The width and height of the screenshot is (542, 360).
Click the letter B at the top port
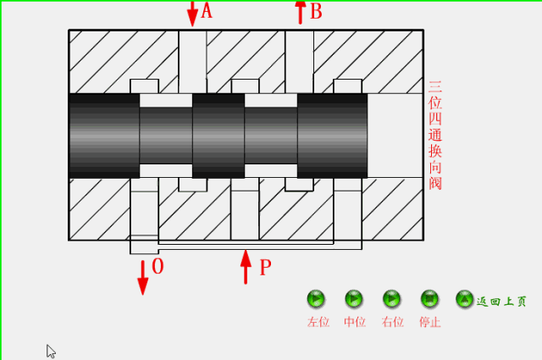tap(316, 11)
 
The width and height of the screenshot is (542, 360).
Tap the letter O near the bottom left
tap(158, 267)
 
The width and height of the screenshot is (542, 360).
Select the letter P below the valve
tap(265, 269)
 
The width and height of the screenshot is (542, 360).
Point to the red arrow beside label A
tap(191, 12)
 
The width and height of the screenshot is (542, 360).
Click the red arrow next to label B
tap(300, 12)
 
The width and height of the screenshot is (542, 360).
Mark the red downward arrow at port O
tap(142, 277)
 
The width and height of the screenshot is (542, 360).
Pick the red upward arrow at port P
tap(246, 268)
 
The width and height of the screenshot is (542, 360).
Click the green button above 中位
tap(354, 299)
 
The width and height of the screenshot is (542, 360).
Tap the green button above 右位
tap(391, 299)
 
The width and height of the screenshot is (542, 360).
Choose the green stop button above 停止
tap(429, 299)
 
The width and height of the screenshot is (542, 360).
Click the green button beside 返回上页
tap(464, 299)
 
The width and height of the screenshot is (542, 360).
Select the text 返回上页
tap(502, 301)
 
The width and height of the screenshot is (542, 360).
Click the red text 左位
tap(318, 322)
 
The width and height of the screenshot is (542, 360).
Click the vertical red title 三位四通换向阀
tap(435, 136)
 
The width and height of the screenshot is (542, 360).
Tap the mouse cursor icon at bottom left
tap(51, 351)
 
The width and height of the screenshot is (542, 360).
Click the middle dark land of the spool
tap(218, 136)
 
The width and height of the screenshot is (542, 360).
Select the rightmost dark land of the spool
tap(332, 136)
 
